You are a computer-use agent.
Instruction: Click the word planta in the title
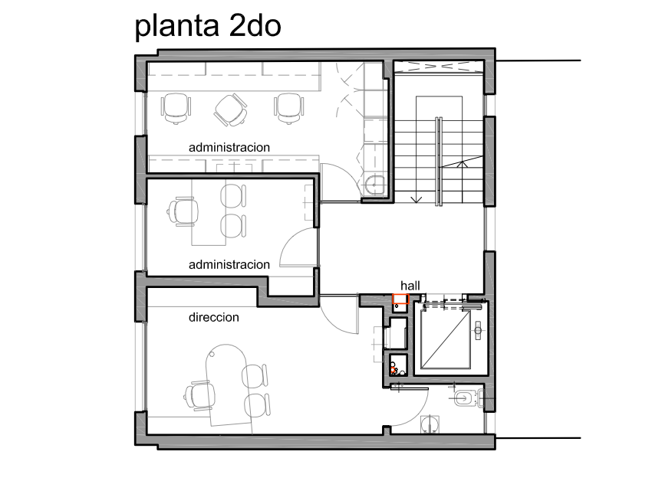point(176,27)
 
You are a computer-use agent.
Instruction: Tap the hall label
point(410,286)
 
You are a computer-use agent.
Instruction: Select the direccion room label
point(214,317)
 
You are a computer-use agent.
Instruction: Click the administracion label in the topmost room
point(229,148)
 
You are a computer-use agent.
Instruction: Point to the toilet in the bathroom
point(468,399)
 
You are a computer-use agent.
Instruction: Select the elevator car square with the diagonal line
point(446,339)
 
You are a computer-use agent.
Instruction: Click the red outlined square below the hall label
point(401,299)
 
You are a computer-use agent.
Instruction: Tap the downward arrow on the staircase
point(417,199)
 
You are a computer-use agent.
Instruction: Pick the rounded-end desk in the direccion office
point(229,385)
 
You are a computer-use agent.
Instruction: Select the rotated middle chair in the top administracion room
point(231,110)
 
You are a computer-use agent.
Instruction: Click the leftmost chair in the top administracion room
point(176,107)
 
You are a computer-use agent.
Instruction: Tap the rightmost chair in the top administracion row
point(289,107)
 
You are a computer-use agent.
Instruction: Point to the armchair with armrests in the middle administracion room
point(183,211)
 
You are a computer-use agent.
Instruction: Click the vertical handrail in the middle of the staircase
point(438,161)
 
